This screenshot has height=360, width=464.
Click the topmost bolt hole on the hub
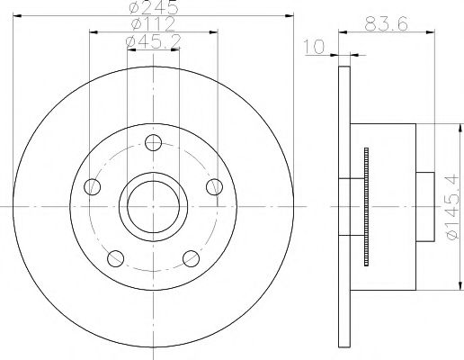tap(154, 142)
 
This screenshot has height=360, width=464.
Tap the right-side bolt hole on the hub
tap(214, 186)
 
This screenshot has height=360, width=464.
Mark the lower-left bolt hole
tap(114, 259)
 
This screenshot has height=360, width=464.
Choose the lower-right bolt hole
tap(191, 259)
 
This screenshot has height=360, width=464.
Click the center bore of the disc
tap(152, 206)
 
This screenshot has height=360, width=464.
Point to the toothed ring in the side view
tap(367, 206)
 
